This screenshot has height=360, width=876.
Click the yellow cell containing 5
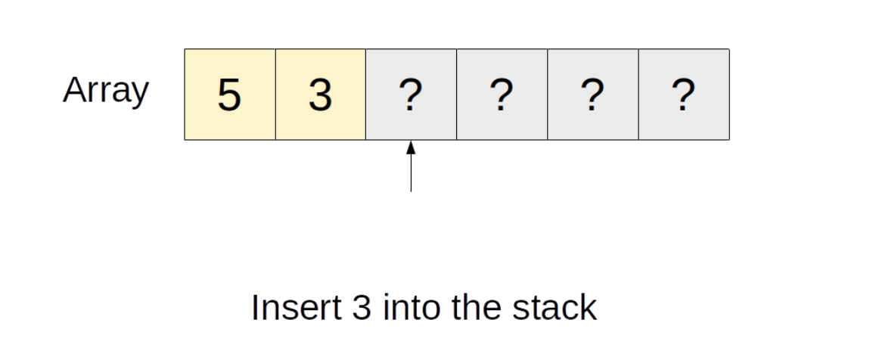[230, 95]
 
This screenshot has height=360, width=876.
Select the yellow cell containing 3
[321, 95]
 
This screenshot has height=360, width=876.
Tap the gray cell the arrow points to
[412, 95]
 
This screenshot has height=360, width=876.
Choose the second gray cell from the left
[502, 95]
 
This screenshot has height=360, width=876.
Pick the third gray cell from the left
[593, 95]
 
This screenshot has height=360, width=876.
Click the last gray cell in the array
[684, 95]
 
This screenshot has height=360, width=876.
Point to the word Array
[106, 91]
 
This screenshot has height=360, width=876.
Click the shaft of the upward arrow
[412, 172]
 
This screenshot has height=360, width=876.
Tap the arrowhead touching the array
[412, 147]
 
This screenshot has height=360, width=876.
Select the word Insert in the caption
[296, 308]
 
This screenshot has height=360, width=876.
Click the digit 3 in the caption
[362, 308]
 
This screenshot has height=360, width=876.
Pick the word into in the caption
[407, 308]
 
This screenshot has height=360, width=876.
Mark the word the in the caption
[471, 308]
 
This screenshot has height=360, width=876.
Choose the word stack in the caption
[554, 308]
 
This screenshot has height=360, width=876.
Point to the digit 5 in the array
[229, 95]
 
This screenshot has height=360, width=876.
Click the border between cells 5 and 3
[275, 95]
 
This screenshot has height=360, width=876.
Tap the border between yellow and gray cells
[366, 95]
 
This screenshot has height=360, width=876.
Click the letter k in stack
[588, 308]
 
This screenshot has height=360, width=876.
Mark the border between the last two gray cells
[638, 95]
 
